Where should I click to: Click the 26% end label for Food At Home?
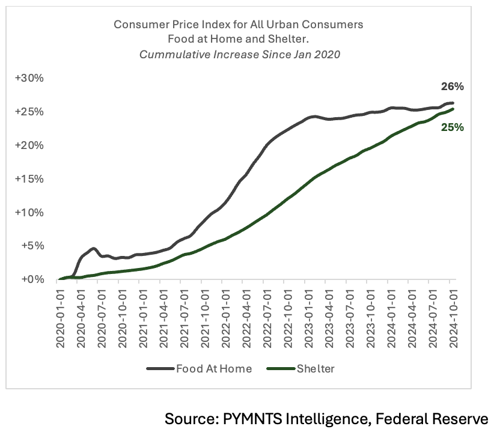452,87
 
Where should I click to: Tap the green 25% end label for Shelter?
452,127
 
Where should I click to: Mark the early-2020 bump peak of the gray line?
93,248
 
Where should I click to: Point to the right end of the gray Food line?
452,103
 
